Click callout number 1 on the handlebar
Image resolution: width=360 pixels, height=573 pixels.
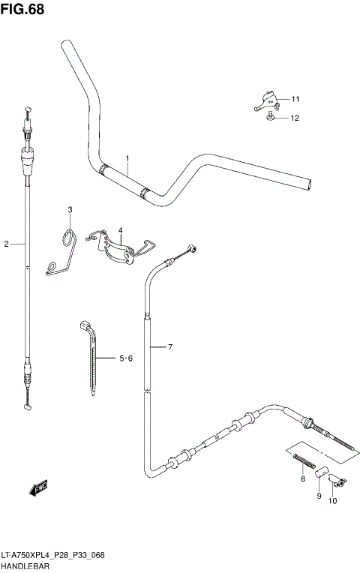coord(127,158)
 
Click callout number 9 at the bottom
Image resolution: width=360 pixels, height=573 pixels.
coord(318,496)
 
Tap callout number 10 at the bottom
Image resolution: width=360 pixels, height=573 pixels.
coord(333,501)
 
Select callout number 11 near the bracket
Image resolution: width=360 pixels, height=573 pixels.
coord(295,99)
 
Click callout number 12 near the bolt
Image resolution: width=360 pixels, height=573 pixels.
coord(295,118)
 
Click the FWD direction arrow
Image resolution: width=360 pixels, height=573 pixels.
coord(38,489)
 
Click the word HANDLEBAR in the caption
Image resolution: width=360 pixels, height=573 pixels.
coord(25,566)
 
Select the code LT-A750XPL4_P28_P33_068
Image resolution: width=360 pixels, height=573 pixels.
coord(52,555)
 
